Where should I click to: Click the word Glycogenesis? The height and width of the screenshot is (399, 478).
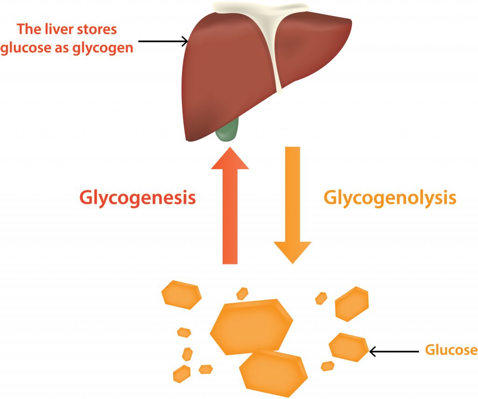pos(137,198)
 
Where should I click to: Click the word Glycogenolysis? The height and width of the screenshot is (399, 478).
pos(390,198)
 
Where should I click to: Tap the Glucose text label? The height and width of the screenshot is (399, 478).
pos(451,350)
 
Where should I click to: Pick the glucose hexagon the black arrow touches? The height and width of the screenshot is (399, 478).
pos(349,347)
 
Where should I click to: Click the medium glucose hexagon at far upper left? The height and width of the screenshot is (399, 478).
pos(181,295)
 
